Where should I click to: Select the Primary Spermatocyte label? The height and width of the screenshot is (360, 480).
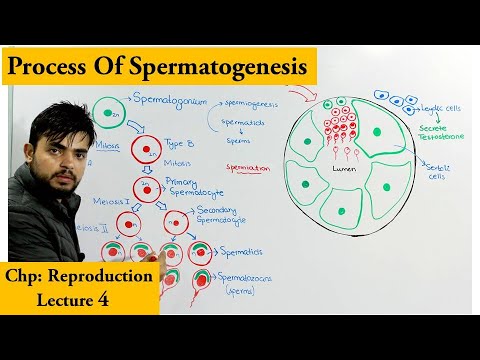click(x=189, y=187)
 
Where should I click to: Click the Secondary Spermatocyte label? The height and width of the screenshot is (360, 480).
click(x=223, y=216)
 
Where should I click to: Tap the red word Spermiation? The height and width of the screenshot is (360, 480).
click(x=249, y=169)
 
